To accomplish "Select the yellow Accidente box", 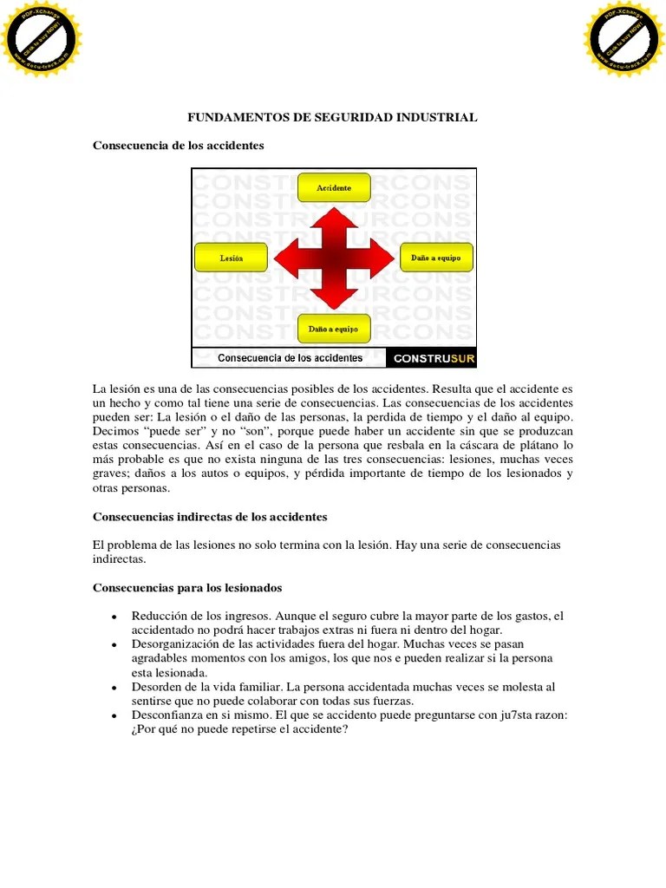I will coord(334,187).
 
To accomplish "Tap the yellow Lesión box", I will coord(231,258).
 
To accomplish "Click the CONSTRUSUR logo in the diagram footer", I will coord(434,358).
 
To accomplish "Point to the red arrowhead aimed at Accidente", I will coord(334,217).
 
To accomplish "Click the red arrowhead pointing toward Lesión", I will coord(284,258).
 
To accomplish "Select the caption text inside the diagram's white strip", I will coord(290,358).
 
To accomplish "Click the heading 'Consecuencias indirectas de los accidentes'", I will coord(210,517).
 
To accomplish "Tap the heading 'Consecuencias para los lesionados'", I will coord(187,588).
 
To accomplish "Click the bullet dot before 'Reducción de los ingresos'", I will coord(114,617).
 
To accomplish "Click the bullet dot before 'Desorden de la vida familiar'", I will coord(114,687).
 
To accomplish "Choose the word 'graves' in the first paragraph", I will coord(110,473).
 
